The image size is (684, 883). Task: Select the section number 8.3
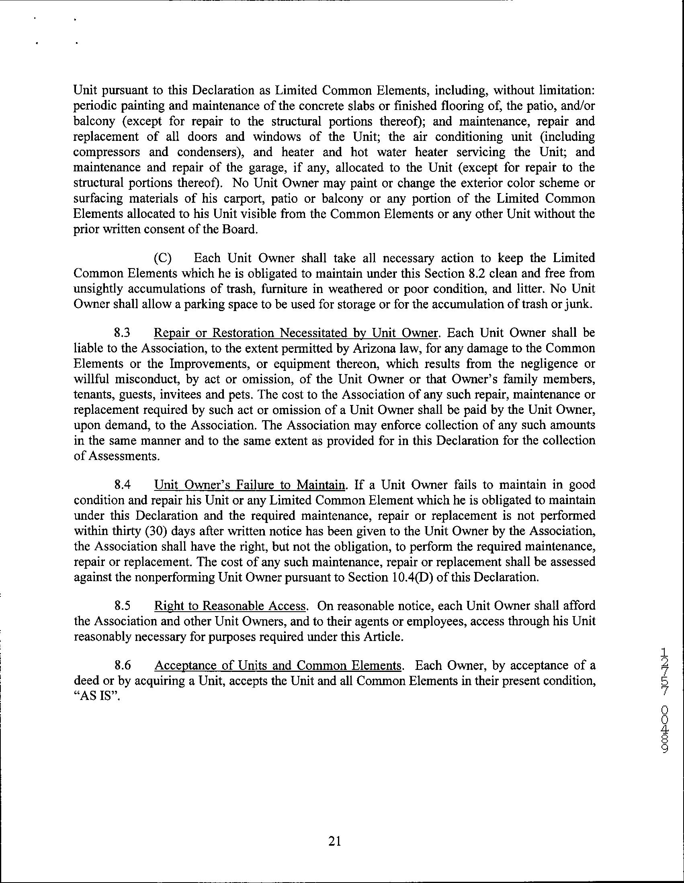(122, 333)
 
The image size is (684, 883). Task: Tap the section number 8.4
(122, 484)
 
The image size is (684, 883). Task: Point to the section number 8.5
(122, 606)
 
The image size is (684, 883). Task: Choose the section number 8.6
(122, 665)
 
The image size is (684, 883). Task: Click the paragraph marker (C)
(162, 258)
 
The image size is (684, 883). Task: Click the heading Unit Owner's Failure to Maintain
(250, 484)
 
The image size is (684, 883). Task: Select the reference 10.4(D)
(412, 577)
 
